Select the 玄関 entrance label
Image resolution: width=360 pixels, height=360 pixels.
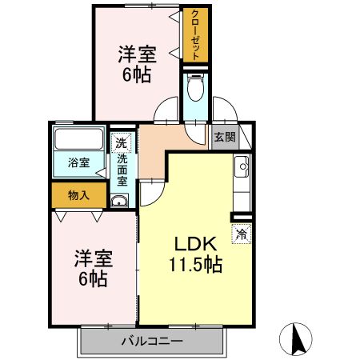pos(225,137)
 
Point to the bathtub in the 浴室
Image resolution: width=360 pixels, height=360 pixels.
pos(78,142)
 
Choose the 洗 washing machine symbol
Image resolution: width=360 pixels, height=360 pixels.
pos(120,144)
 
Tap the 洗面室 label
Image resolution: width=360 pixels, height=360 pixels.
pos(122,170)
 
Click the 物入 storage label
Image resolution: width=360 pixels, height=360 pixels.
pos(78,195)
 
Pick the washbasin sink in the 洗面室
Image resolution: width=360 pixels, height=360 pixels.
pos(119,200)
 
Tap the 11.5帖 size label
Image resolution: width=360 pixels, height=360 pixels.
pos(195,265)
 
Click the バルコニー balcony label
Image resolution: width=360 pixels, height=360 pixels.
pos(153,341)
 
